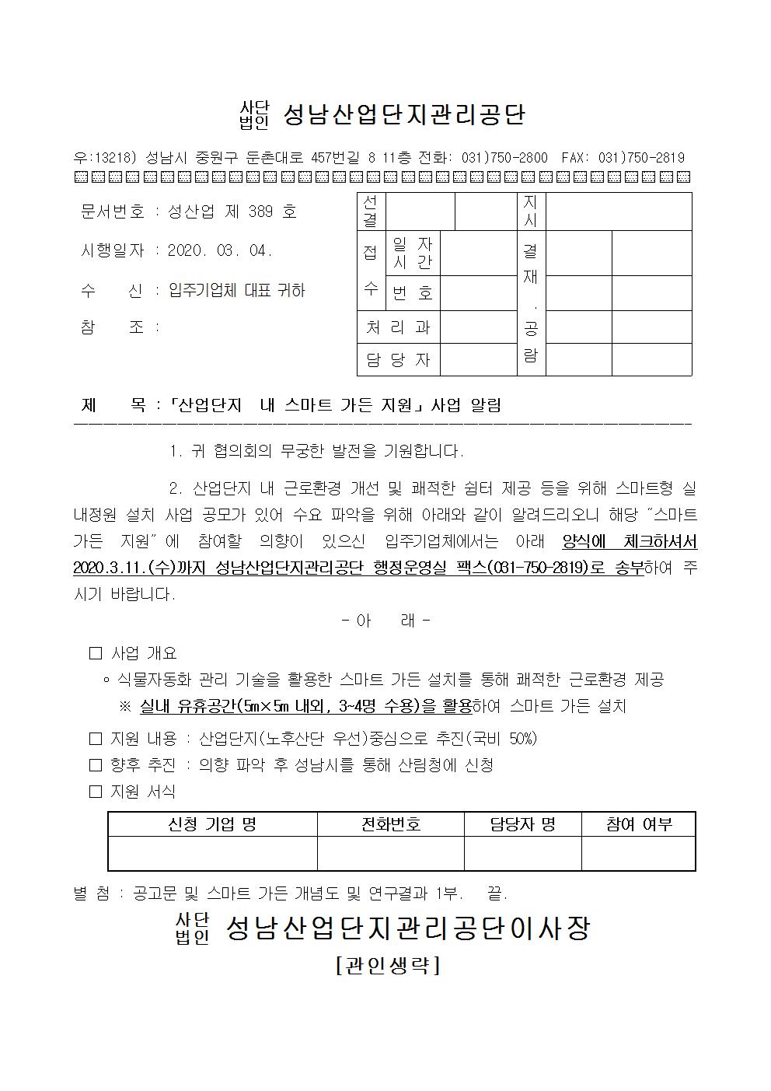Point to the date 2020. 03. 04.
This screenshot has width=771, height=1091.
[220, 251]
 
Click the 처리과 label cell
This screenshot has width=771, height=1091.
[398, 327]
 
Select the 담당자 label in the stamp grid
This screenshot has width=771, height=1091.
[398, 360]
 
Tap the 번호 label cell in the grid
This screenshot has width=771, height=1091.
[412, 293]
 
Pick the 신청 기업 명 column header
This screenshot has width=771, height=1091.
[212, 824]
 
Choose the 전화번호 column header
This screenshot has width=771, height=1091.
[390, 824]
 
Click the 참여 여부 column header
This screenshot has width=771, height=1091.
[638, 824]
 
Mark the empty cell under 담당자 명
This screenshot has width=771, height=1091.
[522, 854]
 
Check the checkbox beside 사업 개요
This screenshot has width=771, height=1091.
[96, 653]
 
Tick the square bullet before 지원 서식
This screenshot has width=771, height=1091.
[96, 792]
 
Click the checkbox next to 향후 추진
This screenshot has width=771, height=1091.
[96, 765]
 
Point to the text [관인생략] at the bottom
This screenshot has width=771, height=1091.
[388, 965]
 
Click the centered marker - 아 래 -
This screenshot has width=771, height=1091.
[386, 621]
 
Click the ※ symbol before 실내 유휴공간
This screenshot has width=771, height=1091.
[125, 706]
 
